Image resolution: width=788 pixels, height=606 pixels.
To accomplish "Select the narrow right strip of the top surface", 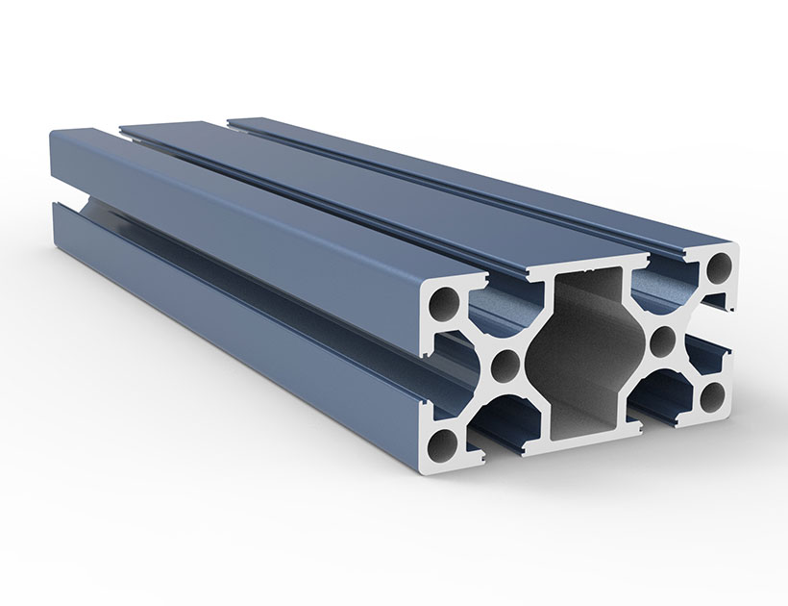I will pyautogui.click(x=480, y=173).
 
